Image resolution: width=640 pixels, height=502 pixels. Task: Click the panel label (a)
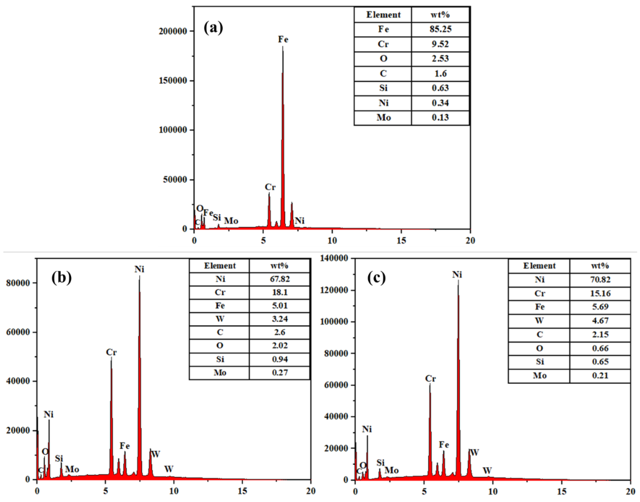(213, 28)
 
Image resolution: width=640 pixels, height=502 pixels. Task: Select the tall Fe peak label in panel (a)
(283, 39)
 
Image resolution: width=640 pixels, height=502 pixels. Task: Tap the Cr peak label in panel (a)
(270, 187)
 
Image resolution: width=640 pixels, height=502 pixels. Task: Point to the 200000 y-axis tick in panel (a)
(173, 31)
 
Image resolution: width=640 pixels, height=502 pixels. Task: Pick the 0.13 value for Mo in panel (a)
(440, 117)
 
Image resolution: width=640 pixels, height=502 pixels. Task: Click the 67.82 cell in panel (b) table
(280, 279)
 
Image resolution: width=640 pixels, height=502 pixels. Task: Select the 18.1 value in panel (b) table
(280, 292)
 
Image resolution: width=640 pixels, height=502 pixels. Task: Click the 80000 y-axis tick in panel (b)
(18, 283)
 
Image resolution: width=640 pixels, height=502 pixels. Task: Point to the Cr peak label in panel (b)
(112, 352)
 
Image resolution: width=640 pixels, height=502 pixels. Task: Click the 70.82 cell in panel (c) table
(600, 279)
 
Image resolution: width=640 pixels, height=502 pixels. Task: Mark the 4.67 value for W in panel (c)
(600, 320)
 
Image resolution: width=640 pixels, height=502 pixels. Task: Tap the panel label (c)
(377, 278)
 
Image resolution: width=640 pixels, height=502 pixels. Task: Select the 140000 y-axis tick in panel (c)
(334, 258)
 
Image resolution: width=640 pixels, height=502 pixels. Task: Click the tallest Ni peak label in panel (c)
(457, 274)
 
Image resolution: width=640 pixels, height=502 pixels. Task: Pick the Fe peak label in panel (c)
(444, 445)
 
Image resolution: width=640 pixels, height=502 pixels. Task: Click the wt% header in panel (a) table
(440, 15)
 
